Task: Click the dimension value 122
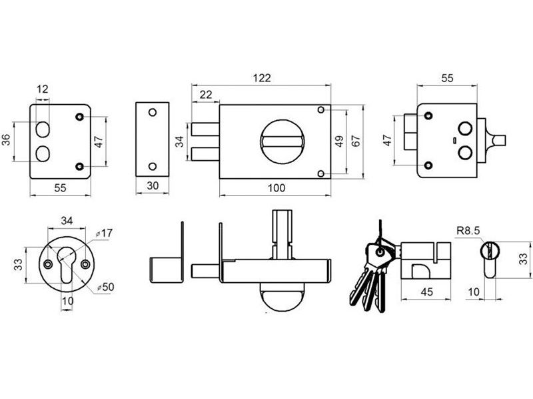coord(262,78)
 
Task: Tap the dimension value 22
coord(205,95)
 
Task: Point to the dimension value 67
coord(356,141)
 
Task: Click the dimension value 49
coord(338,141)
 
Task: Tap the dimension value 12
coord(43,89)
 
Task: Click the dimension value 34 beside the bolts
coord(179,141)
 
